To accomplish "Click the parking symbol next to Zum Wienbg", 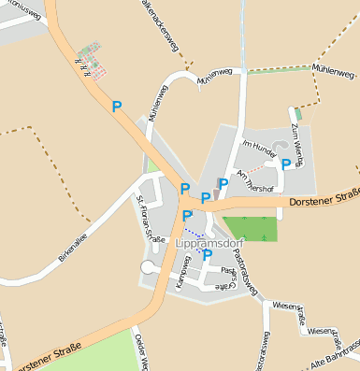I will [x=285, y=164].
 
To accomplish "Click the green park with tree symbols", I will [x=251, y=227].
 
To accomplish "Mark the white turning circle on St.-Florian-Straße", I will [x=147, y=268].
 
